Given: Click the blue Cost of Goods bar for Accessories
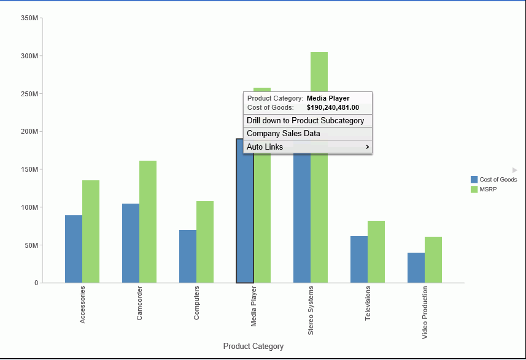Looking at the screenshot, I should tap(74, 249).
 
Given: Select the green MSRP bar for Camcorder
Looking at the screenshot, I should tap(148, 221).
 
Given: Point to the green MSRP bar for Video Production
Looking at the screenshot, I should tap(433, 259).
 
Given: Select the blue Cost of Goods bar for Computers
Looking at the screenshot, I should tap(188, 256).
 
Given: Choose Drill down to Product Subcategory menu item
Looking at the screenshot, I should tap(306, 121).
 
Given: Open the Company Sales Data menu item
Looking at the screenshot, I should tap(284, 134).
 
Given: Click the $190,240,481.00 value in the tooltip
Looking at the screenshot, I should tap(333, 107).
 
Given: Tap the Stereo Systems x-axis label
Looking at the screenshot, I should tap(311, 310).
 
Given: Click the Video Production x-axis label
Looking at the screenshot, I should tap(425, 313).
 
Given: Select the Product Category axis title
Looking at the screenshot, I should tap(253, 347).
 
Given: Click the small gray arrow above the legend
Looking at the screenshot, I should tap(515, 169).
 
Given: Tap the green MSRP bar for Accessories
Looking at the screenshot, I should tap(91, 231).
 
